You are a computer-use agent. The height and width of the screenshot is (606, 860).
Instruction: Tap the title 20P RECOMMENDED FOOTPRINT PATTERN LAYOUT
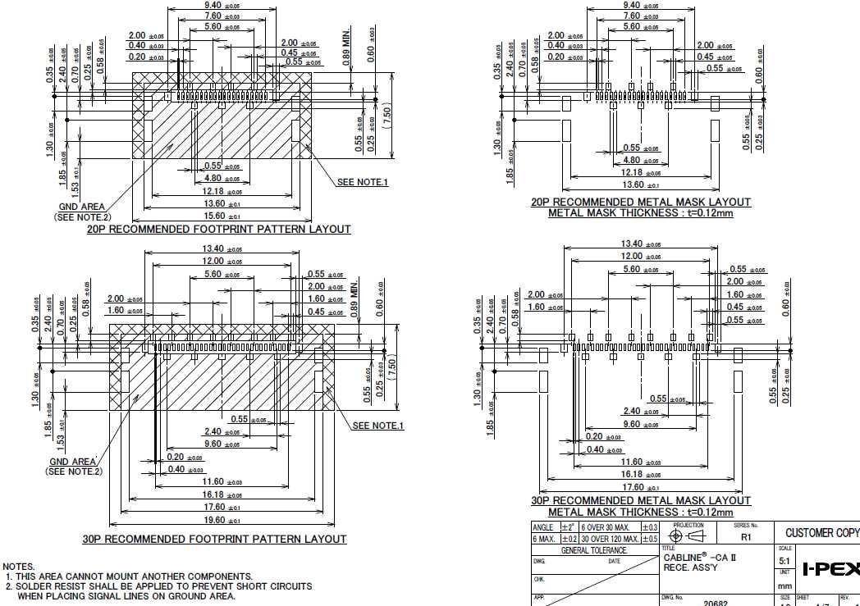pos(219,230)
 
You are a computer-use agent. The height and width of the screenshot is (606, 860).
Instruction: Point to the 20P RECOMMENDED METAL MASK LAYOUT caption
pos(640,202)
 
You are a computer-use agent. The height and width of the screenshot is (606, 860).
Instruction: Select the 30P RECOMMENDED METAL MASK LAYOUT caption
pos(641,500)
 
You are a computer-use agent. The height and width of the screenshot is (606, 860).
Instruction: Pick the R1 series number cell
pos(746,538)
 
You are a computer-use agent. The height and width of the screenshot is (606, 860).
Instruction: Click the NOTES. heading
pos(19,567)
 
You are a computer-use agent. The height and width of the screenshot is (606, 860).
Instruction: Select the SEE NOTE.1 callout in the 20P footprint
pos(362,182)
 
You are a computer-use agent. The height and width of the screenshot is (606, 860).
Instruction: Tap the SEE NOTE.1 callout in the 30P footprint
pos(377,426)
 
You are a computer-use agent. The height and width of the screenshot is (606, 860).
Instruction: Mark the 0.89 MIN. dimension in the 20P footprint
pos(347,48)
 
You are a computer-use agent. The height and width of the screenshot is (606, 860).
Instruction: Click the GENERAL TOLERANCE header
pos(594,550)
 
